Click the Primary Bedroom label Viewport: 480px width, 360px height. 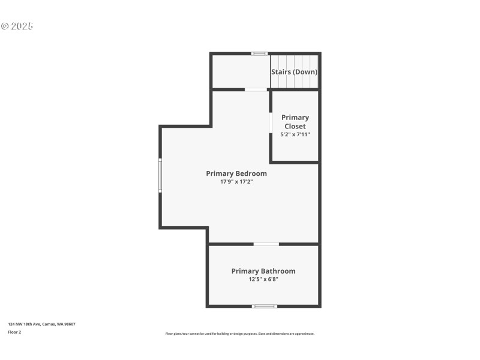[236, 173]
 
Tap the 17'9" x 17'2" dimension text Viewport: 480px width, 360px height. [236, 182]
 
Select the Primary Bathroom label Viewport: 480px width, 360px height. [263, 271]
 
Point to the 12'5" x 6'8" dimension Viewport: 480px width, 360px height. [263, 279]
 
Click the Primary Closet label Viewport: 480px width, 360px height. [295, 122]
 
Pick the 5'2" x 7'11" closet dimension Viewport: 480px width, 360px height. [295, 135]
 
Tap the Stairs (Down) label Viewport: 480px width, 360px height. [294, 72]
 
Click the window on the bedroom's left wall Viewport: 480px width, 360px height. [160, 175]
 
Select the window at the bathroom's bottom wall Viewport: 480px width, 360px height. [264, 306]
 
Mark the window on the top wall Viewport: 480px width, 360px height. [259, 53]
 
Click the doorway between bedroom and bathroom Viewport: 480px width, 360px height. [266, 244]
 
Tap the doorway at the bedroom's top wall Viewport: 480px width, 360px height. [256, 89]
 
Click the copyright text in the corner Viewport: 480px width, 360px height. [17, 26]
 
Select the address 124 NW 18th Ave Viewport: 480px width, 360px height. [23, 324]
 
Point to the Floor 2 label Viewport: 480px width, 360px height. [14, 332]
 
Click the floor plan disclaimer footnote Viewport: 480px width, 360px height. [239, 334]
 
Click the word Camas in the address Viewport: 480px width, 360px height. [49, 324]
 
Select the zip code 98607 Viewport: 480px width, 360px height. [70, 324]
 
